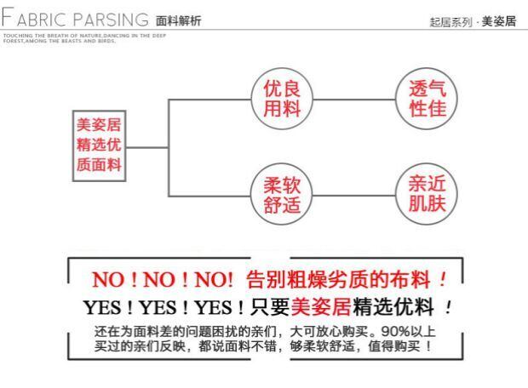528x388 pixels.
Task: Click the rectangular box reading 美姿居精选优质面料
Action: coord(99,145)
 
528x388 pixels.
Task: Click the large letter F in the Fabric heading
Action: coord(7,19)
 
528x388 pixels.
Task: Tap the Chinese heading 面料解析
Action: coord(178,20)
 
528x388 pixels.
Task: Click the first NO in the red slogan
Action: coord(108,279)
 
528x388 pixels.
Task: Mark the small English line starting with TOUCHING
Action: coord(77,36)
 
